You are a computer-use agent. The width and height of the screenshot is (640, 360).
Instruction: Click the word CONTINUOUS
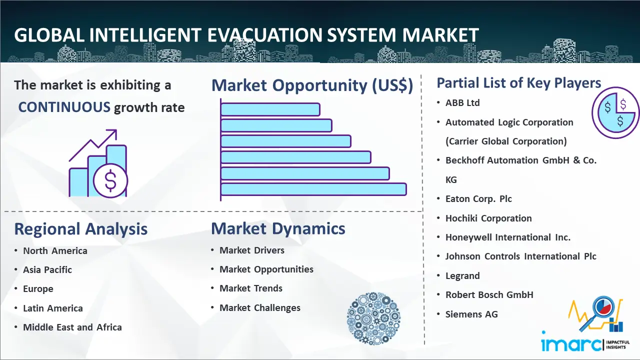(64, 107)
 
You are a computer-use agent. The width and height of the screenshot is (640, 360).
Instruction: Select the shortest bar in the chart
(270, 109)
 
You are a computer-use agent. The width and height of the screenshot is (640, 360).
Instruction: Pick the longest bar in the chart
(313, 189)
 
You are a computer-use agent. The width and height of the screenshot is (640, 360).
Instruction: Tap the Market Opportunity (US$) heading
(312, 85)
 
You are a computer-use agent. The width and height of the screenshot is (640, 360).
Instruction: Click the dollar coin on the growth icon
(110, 181)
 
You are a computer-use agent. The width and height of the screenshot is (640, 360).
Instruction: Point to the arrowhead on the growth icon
(112, 134)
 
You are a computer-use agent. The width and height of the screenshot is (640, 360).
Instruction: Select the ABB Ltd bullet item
(462, 103)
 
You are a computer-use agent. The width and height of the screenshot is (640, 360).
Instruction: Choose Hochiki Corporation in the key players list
(488, 218)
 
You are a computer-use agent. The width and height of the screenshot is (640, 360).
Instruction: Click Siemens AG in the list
(471, 314)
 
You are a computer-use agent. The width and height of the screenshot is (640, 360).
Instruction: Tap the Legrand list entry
(462, 276)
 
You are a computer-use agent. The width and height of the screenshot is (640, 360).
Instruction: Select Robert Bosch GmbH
(489, 295)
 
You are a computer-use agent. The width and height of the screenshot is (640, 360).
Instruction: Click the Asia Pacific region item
(47, 269)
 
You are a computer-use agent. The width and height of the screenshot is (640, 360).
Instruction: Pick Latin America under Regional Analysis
(53, 308)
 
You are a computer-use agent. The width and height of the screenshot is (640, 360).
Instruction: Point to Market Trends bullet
(251, 288)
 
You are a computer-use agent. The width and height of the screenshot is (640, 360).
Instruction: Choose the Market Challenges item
(260, 307)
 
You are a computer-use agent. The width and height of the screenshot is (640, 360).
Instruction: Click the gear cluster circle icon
(373, 318)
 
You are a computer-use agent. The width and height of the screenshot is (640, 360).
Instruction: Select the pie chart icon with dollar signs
(615, 113)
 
